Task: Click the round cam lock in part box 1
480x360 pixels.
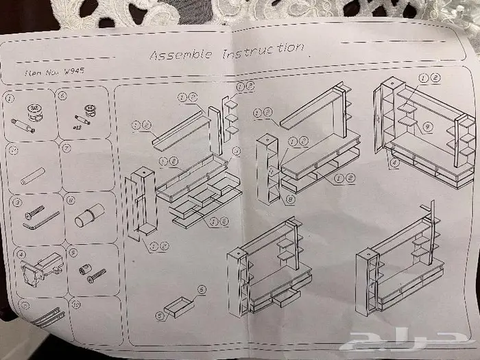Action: tap(33, 110)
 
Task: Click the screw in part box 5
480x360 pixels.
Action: tap(97, 274)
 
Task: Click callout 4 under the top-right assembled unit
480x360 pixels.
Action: tap(394, 163)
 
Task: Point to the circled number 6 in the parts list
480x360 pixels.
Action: tap(63, 96)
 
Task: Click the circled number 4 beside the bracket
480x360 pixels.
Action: tap(23, 254)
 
